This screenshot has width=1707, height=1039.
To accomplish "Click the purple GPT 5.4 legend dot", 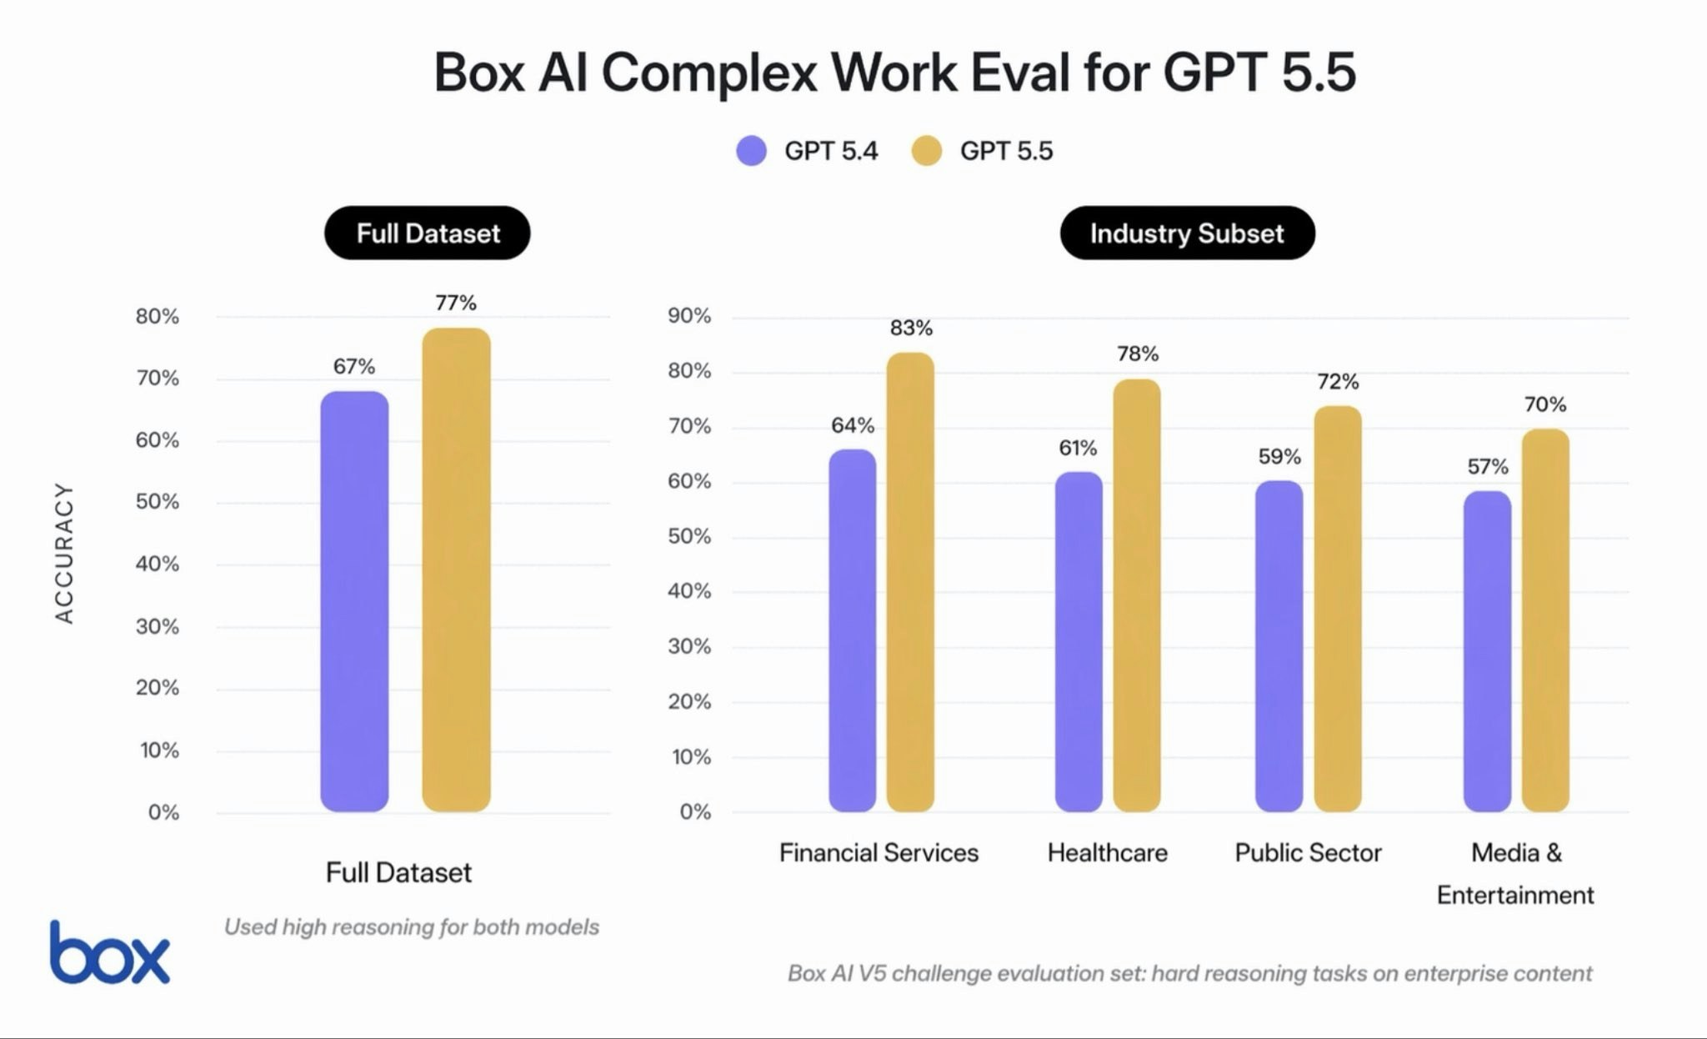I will pyautogui.click(x=751, y=151).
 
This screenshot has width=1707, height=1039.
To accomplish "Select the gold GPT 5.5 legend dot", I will pyautogui.click(x=926, y=151).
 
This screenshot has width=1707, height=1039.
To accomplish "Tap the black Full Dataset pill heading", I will pyautogui.click(x=428, y=233).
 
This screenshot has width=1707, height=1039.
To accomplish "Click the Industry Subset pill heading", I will pyautogui.click(x=1187, y=233).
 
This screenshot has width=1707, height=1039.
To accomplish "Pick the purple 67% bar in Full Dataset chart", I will pyautogui.click(x=354, y=600).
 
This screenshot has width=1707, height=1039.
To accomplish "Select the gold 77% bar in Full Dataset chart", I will pyautogui.click(x=456, y=570).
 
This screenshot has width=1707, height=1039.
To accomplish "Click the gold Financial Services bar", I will pyautogui.click(x=910, y=581).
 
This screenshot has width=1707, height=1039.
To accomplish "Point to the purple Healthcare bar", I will pyautogui.click(x=1079, y=641).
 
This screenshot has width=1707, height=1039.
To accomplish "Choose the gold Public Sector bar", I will pyautogui.click(x=1338, y=609).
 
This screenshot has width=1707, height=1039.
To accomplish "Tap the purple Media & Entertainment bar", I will pyautogui.click(x=1487, y=650).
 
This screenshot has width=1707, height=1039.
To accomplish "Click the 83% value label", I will pyautogui.click(x=911, y=329).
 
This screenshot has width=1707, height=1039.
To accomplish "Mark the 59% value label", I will pyautogui.click(x=1279, y=457).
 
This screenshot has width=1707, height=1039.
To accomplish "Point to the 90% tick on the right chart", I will pyautogui.click(x=689, y=316).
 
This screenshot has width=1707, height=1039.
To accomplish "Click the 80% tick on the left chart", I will pyautogui.click(x=158, y=317).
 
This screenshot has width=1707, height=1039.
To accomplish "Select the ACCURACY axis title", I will pyautogui.click(x=65, y=553).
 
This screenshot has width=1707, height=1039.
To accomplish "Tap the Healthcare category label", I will pyautogui.click(x=1107, y=853).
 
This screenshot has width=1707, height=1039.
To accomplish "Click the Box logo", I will pyautogui.click(x=109, y=953).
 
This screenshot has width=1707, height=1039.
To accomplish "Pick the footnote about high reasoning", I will pyautogui.click(x=412, y=927).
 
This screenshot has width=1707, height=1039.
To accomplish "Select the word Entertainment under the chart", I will pyautogui.click(x=1514, y=896).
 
